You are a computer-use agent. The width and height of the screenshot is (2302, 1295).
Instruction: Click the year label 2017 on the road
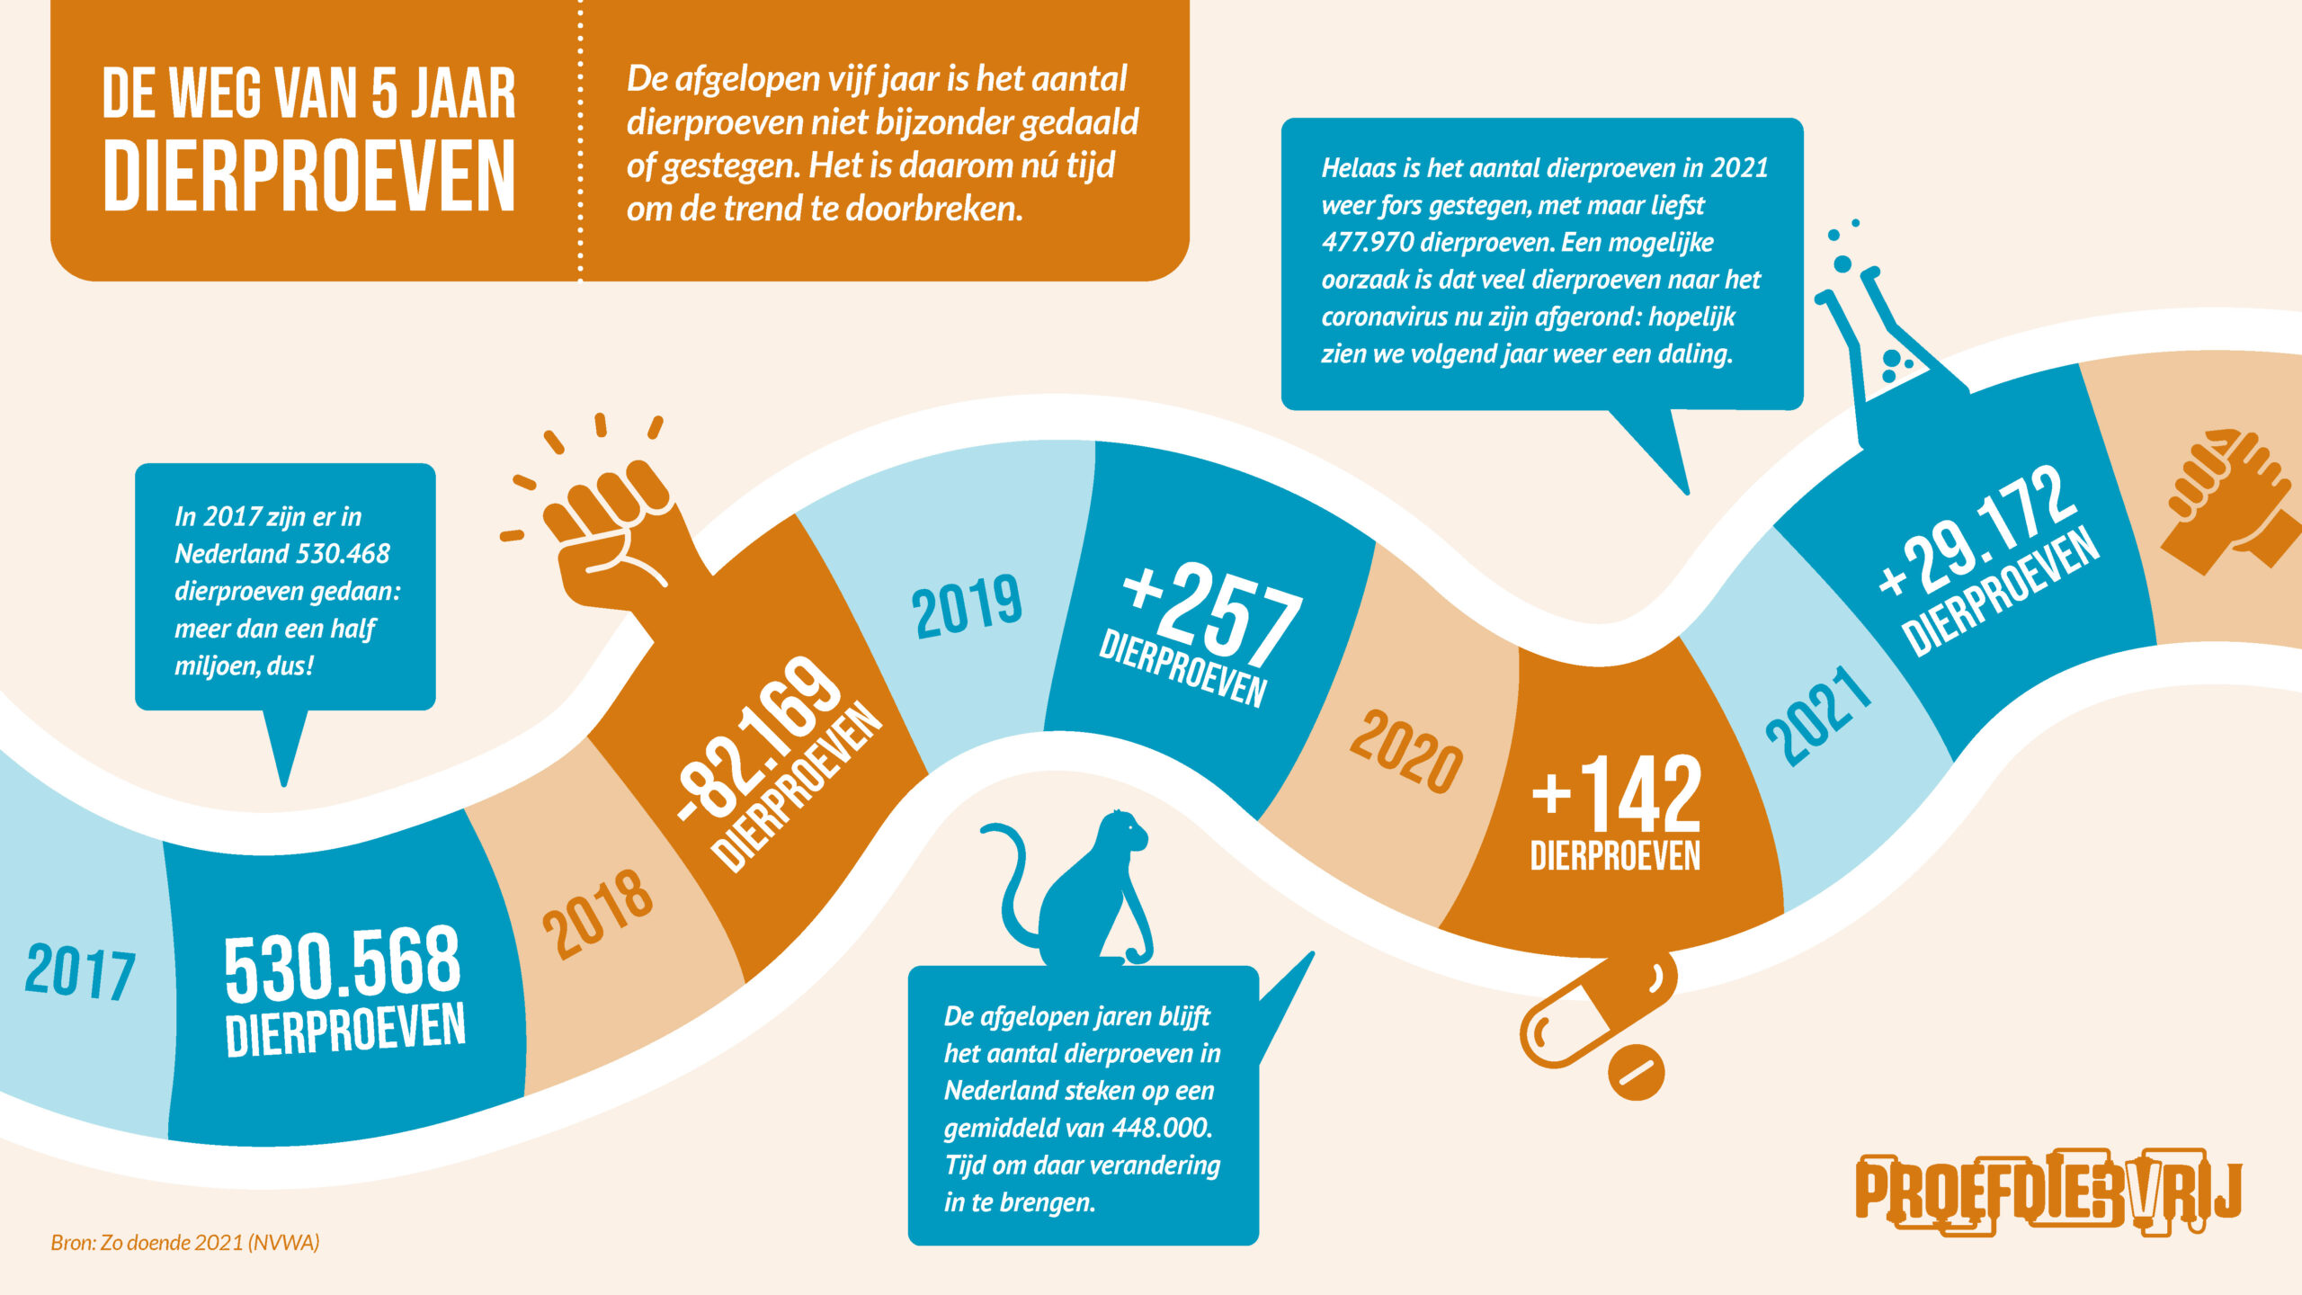[x=80, y=971]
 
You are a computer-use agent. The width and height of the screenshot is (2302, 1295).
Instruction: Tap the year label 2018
[x=598, y=913]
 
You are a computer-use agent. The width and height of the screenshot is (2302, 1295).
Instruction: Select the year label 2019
[x=967, y=606]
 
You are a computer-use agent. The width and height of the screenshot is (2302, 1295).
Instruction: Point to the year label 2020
[x=1405, y=751]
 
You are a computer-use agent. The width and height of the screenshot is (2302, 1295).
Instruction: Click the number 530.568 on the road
[x=342, y=965]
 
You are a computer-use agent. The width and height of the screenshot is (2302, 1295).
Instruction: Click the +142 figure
[x=1616, y=793]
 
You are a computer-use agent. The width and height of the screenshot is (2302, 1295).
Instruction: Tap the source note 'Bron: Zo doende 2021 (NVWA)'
[x=185, y=1243]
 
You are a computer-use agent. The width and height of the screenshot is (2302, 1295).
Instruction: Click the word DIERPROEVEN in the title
[x=308, y=176]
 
